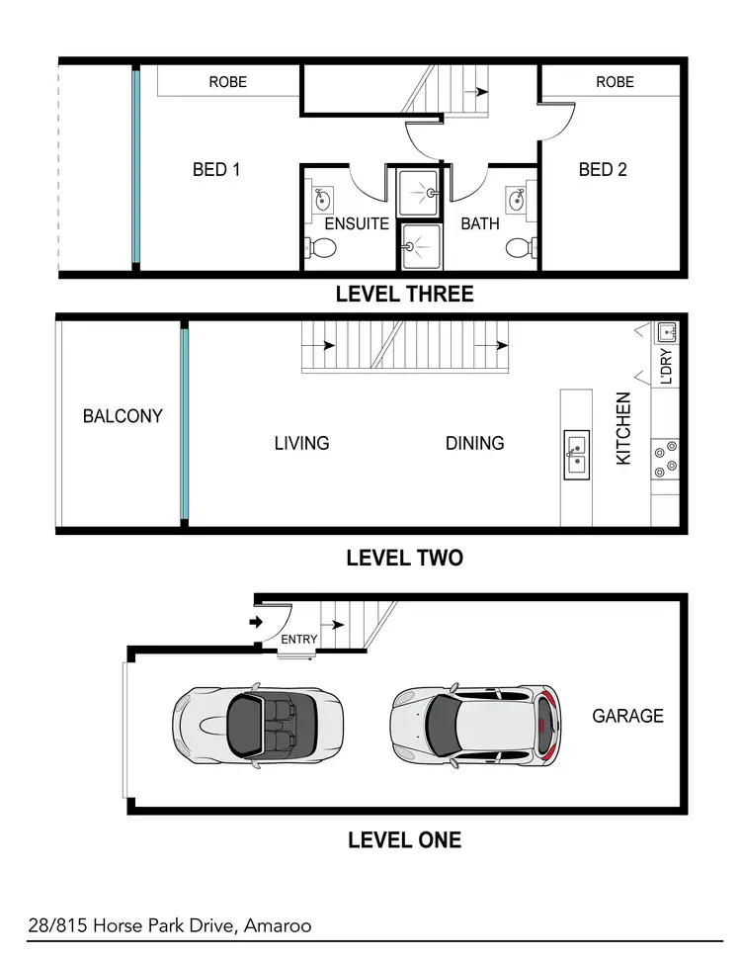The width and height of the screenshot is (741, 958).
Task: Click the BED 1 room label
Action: pyautogui.click(x=216, y=170)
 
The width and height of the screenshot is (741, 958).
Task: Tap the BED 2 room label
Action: pyautogui.click(x=603, y=170)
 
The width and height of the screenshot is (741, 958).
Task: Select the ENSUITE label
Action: pyautogui.click(x=357, y=224)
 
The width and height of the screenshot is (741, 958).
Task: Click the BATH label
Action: pyautogui.click(x=480, y=224)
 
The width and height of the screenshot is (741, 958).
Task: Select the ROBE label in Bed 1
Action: pyautogui.click(x=227, y=82)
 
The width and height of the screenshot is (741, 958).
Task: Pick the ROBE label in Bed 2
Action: pyautogui.click(x=615, y=82)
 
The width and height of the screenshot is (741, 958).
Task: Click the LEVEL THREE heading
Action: pyautogui.click(x=404, y=294)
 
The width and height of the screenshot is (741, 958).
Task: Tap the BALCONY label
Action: pyautogui.click(x=123, y=416)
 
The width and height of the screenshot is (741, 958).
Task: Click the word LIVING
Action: pyautogui.click(x=301, y=443)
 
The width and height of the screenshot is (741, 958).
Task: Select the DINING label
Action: pyautogui.click(x=474, y=443)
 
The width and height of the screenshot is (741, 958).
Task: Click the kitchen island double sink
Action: pyautogui.click(x=575, y=456)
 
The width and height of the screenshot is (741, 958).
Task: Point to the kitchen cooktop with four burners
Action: pyautogui.click(x=665, y=458)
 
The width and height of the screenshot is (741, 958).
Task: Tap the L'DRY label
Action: pyautogui.click(x=666, y=366)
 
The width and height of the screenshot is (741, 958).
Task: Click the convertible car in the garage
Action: pyautogui.click(x=258, y=726)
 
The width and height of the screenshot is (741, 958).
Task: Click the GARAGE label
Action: pyautogui.click(x=627, y=716)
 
